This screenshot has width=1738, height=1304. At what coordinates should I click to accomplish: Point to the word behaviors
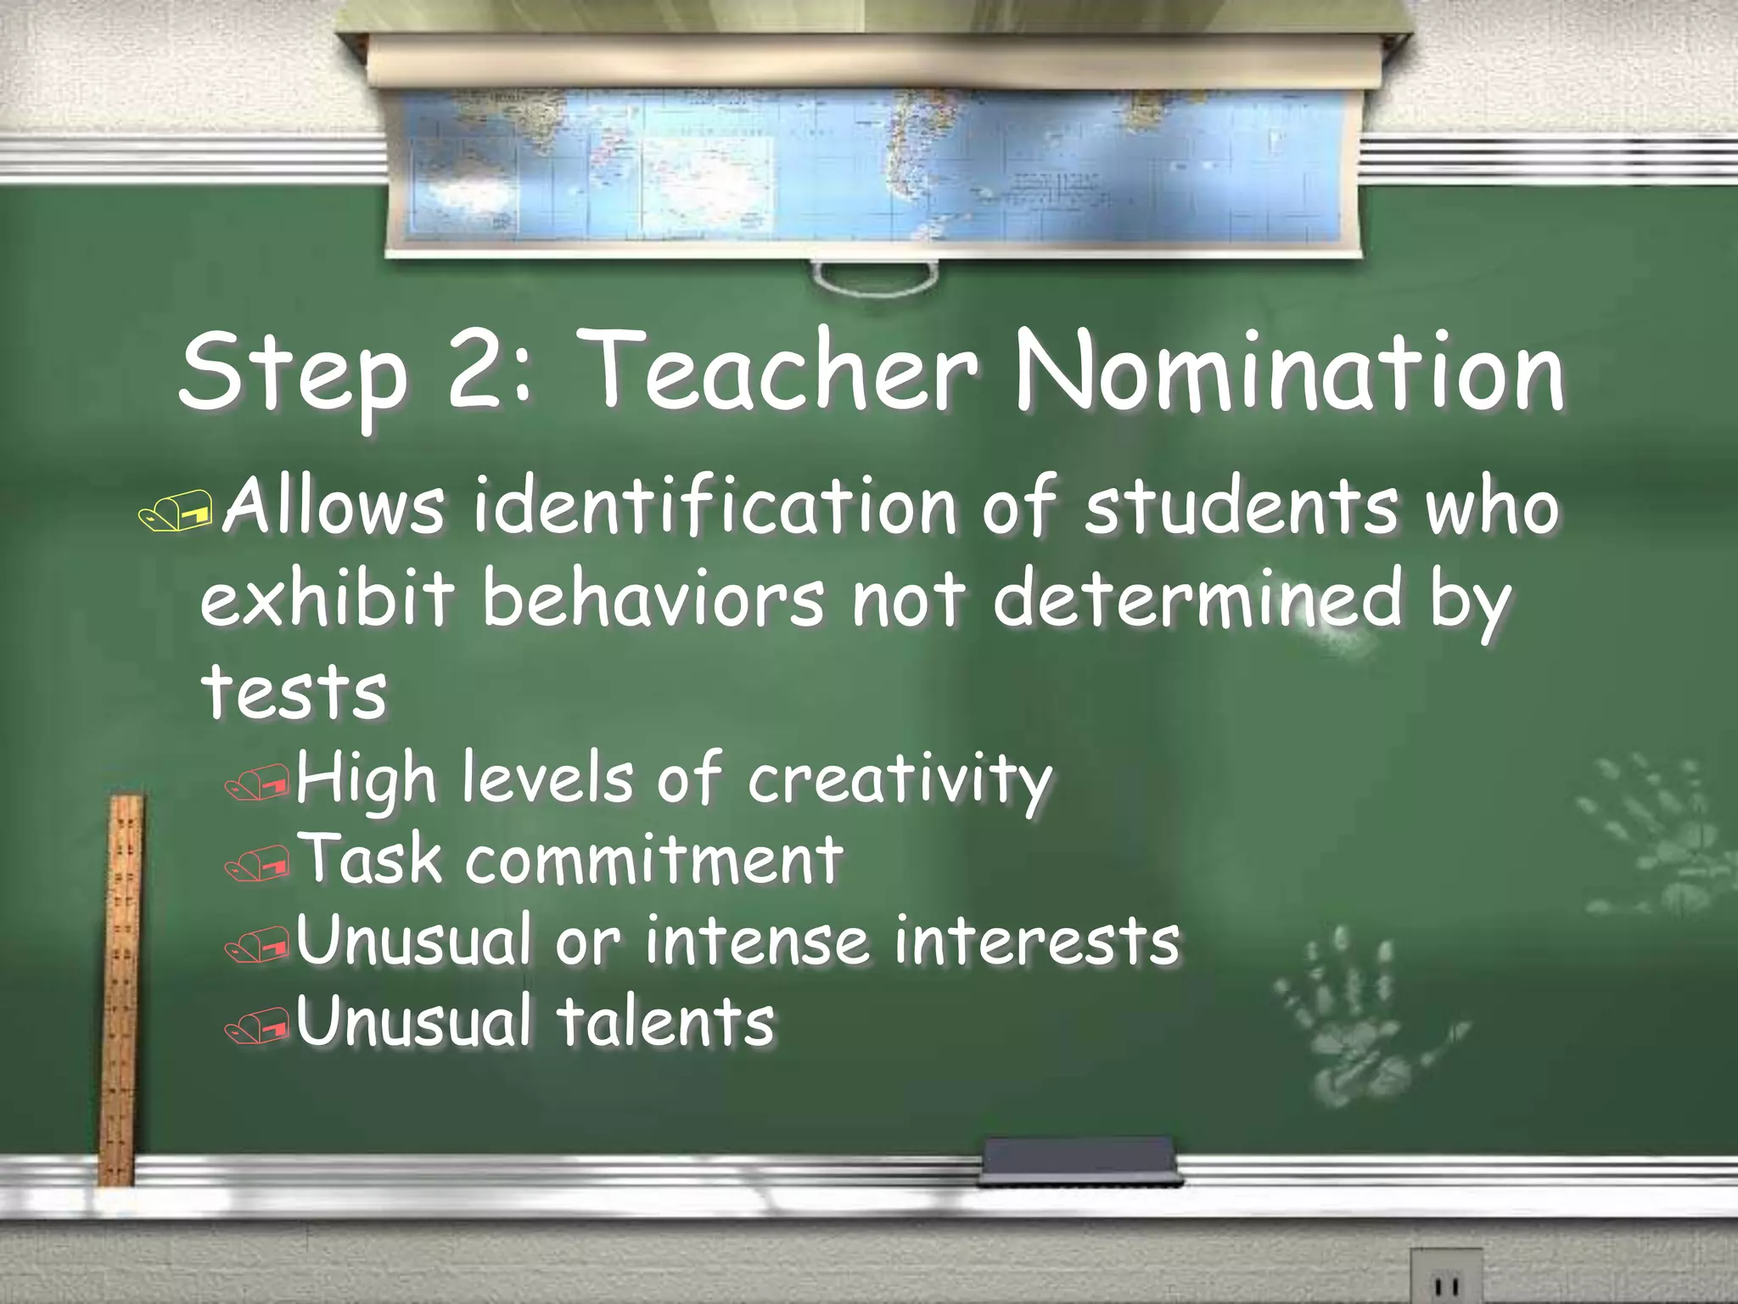point(653,599)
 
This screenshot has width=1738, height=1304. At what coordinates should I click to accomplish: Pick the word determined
point(1197,599)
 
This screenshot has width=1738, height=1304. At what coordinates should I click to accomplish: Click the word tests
point(294,691)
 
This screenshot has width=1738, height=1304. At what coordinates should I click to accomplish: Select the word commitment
point(654,859)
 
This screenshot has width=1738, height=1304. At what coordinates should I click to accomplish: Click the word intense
point(756,941)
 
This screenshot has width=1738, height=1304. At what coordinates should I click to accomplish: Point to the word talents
point(666,1021)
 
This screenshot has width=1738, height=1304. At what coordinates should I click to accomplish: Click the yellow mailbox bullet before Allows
point(177,513)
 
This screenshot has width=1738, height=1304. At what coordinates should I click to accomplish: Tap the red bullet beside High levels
point(257,783)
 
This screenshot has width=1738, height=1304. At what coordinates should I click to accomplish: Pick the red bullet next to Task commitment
point(257,865)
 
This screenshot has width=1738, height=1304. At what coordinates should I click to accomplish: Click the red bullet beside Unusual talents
point(257,1028)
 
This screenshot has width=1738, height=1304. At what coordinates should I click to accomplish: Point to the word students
point(1240,507)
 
